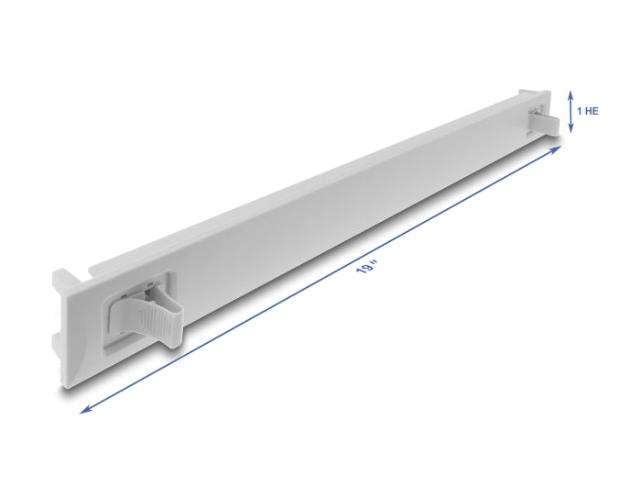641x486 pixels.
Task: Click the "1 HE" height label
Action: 587,110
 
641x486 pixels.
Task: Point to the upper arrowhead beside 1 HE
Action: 570,93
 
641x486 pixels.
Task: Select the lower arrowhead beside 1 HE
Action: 570,129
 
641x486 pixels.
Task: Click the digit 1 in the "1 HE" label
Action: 578,110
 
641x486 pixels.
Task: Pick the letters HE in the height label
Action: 591,110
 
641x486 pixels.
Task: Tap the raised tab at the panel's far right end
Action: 540,95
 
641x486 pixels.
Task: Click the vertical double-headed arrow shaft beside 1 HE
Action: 570,111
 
